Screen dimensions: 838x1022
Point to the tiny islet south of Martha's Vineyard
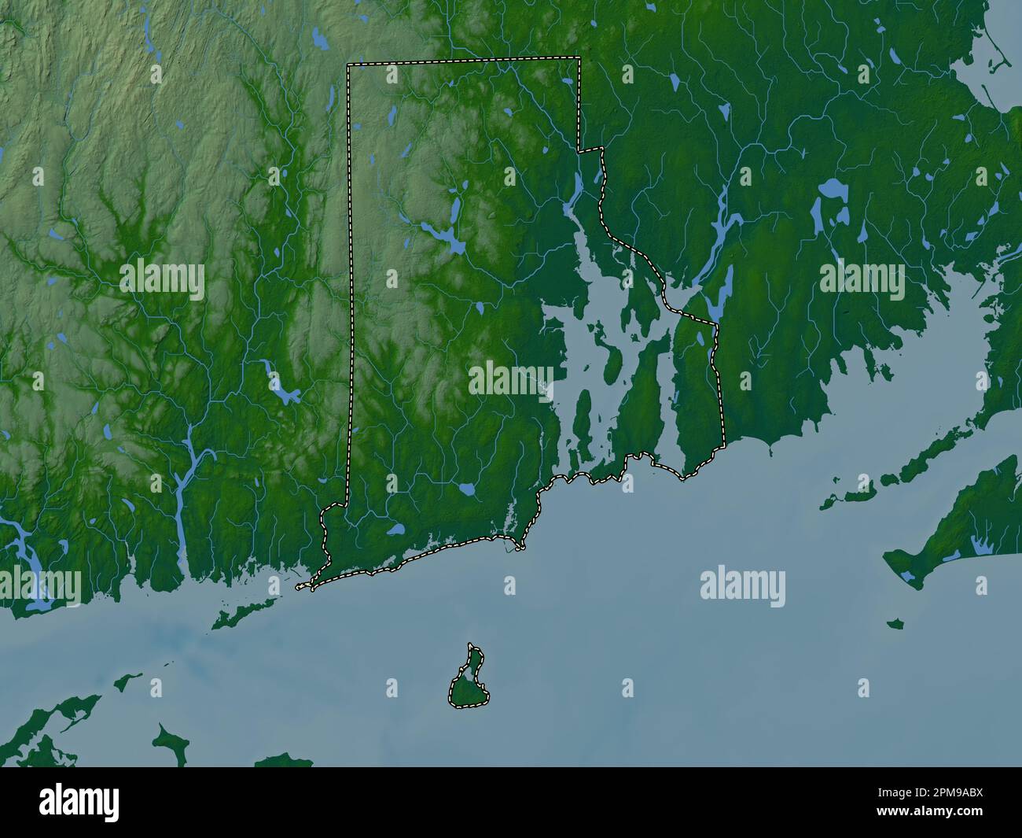[894, 625]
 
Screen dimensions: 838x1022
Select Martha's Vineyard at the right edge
[943, 551]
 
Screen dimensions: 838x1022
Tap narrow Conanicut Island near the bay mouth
[583, 417]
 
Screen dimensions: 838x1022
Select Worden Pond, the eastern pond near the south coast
[467, 489]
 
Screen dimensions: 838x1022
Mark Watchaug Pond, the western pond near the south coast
[395, 530]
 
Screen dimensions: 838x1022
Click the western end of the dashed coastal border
[300, 587]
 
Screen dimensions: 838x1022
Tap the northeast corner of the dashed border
[579, 58]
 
